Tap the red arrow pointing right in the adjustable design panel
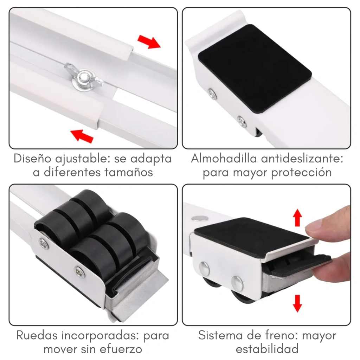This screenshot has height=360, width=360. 149,41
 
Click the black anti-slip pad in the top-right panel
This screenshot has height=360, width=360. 255,69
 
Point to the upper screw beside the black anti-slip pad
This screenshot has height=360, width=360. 212,94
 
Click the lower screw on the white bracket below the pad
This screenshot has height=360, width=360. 242,121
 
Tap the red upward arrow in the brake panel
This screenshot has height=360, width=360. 297,217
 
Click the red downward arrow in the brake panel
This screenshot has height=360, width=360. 297,303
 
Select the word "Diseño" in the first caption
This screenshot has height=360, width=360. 32,159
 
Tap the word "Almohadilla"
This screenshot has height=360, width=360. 224,159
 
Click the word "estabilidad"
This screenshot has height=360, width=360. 267,349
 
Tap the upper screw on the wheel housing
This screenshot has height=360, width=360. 44,243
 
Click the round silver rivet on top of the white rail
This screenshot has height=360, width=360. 199,218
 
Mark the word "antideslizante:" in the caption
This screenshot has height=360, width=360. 302,159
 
